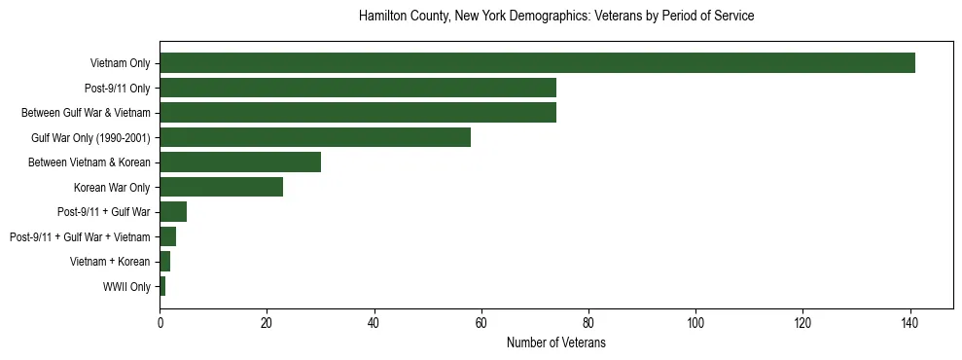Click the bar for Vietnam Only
pyautogui.click(x=537, y=63)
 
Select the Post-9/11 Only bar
pyautogui.click(x=358, y=88)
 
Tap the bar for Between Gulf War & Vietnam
pyautogui.click(x=358, y=113)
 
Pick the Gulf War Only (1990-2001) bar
pyautogui.click(x=315, y=137)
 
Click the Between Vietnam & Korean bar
pyautogui.click(x=240, y=162)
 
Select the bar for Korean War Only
pyautogui.click(x=222, y=187)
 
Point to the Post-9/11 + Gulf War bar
pyautogui.click(x=173, y=212)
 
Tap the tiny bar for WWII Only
pyautogui.click(x=162, y=286)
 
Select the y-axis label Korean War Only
pyautogui.click(x=112, y=187)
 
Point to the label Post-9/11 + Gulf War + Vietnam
pyautogui.click(x=80, y=236)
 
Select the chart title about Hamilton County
pyautogui.click(x=556, y=17)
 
